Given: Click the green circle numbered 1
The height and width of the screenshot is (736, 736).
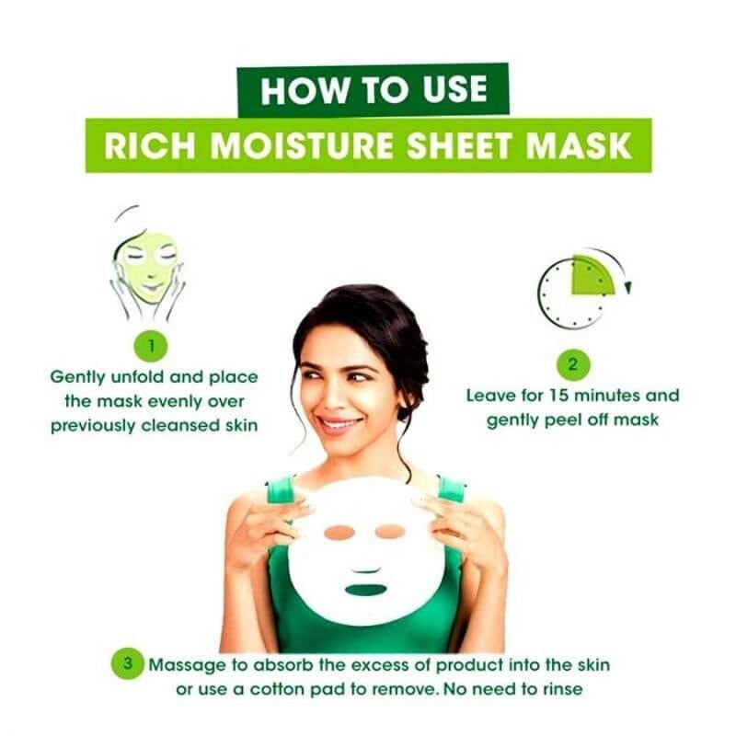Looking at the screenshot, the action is (151, 347).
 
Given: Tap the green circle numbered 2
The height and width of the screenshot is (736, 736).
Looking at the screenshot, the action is (572, 364).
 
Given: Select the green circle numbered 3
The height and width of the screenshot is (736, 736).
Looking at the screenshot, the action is (128, 664).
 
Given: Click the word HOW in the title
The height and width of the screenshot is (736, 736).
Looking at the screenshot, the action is (305, 90).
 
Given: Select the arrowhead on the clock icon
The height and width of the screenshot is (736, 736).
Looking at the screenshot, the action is (628, 287).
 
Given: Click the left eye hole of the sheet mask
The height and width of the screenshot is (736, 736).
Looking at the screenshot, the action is (339, 533).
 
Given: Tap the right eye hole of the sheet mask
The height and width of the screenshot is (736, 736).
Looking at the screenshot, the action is (390, 532).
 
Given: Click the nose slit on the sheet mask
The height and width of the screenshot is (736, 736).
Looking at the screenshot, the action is (366, 570).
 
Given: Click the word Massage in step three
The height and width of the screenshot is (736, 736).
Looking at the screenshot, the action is (188, 666).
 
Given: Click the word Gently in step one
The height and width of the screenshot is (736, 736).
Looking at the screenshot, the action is (77, 378).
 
